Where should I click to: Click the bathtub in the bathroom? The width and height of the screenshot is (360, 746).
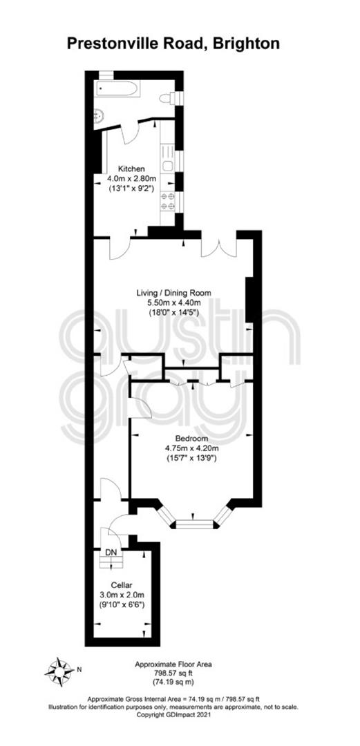117,88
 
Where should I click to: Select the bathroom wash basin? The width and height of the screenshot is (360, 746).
99,116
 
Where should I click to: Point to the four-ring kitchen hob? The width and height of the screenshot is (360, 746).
168,201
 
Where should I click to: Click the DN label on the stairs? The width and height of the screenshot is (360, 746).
111,552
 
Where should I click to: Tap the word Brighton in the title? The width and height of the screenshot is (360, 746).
247,44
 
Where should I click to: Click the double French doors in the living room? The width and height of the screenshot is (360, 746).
218,245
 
